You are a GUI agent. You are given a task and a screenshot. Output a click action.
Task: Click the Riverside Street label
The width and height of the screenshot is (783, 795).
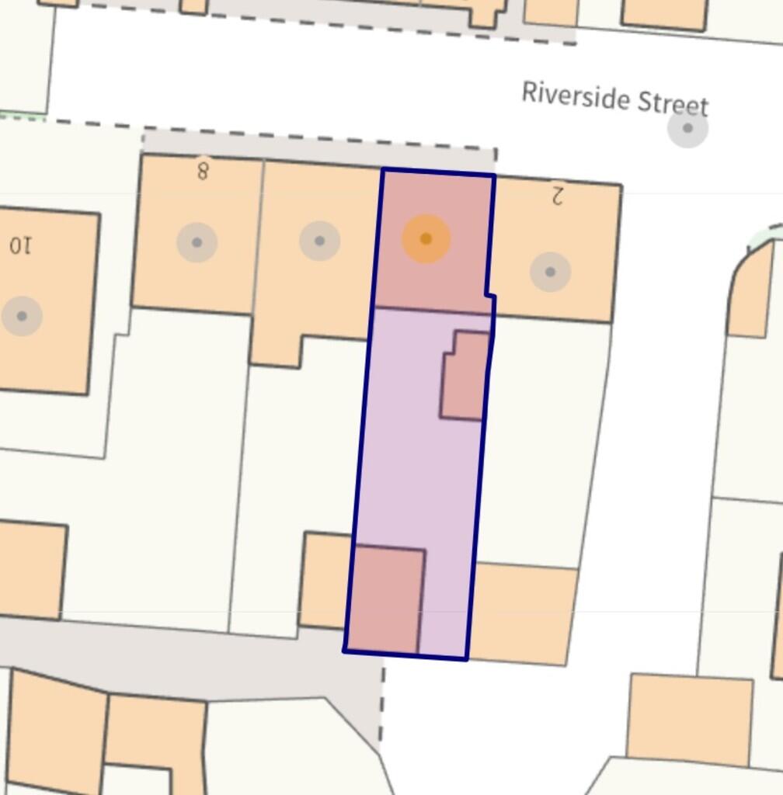(x=614, y=99)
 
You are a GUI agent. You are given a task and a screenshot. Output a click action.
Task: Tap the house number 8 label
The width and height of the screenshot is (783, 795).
(x=203, y=169)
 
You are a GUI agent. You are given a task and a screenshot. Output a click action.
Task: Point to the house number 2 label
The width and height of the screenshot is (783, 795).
(x=556, y=195)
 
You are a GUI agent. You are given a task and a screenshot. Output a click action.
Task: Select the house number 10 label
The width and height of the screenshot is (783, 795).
(x=20, y=245)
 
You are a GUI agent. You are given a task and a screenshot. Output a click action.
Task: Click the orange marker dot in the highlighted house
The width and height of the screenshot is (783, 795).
(x=426, y=239)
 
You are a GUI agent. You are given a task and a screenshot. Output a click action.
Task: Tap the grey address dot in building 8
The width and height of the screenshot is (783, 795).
(x=197, y=242)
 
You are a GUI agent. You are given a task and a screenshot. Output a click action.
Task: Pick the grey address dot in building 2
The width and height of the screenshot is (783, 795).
(x=550, y=272)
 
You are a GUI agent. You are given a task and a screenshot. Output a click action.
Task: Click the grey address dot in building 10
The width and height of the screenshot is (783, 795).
(x=22, y=316)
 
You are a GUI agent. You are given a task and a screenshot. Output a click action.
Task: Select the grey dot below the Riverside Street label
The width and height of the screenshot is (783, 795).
(x=687, y=128)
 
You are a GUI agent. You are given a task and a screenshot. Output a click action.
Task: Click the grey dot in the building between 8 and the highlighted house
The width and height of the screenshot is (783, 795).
(x=319, y=241)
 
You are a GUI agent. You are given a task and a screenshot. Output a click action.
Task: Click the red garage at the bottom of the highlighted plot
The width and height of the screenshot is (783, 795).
(x=386, y=599)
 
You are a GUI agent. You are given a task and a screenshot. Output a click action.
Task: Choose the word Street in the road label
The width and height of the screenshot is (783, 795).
(x=673, y=103)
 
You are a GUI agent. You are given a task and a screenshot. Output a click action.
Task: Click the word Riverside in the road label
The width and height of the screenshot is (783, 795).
(x=576, y=95)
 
